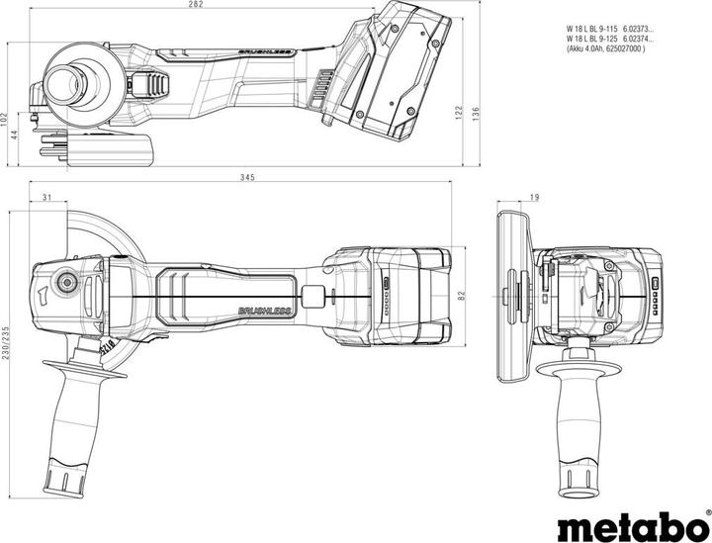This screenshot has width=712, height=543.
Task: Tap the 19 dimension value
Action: pyautogui.click(x=534, y=199)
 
